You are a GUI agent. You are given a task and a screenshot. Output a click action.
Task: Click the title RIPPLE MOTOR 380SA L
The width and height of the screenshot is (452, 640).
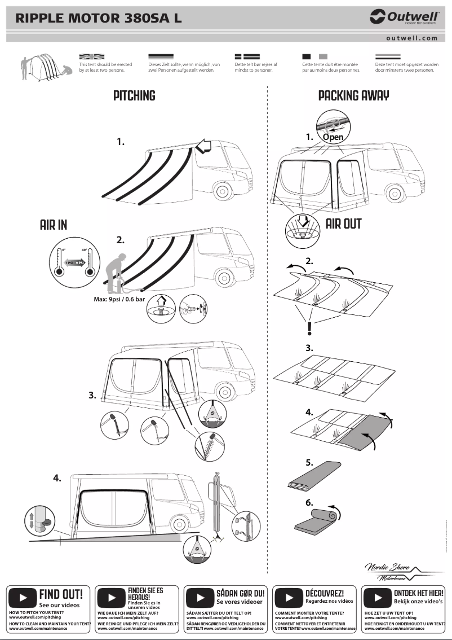coord(99,18)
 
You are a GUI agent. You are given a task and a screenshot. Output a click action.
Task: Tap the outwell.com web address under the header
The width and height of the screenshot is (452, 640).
coord(412,38)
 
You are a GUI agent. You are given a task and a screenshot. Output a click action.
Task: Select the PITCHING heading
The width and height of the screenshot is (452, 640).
coord(134,95)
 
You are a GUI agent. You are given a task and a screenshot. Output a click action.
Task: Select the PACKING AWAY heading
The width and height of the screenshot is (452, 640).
coord(353,95)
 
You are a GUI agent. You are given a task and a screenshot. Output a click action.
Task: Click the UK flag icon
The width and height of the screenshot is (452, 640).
coord(92,57)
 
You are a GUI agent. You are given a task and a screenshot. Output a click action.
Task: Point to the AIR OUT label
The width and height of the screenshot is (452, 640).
coord(343,223)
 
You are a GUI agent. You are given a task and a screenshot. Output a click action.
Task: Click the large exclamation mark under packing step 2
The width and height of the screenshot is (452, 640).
coord(309,328)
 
